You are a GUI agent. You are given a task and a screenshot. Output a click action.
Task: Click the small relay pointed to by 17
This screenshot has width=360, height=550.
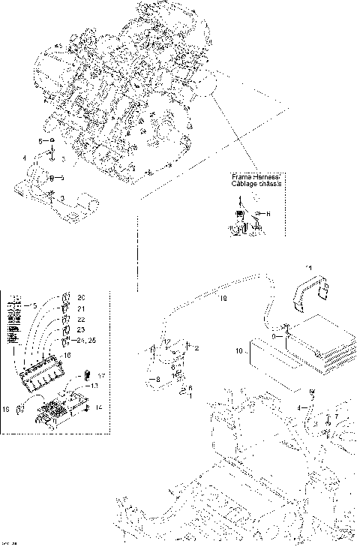click(87, 374)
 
